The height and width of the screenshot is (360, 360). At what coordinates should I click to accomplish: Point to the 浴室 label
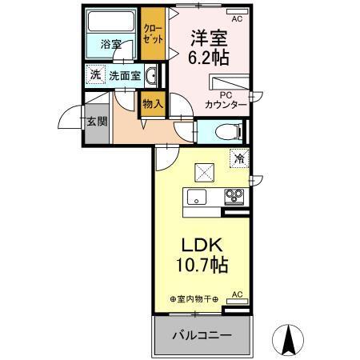click(x=111, y=45)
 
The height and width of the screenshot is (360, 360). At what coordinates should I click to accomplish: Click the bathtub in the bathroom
click(x=111, y=22)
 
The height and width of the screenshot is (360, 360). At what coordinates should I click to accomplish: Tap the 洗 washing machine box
click(x=94, y=76)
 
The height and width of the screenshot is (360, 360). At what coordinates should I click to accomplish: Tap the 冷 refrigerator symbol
click(x=238, y=158)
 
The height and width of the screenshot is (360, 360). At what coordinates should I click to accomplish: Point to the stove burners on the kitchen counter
click(x=234, y=197)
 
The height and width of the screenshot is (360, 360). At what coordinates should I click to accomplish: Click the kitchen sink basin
click(x=196, y=198)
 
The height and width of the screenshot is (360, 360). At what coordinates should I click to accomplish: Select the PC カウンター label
click(x=225, y=99)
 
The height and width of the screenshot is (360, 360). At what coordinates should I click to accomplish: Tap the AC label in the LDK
click(x=237, y=295)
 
